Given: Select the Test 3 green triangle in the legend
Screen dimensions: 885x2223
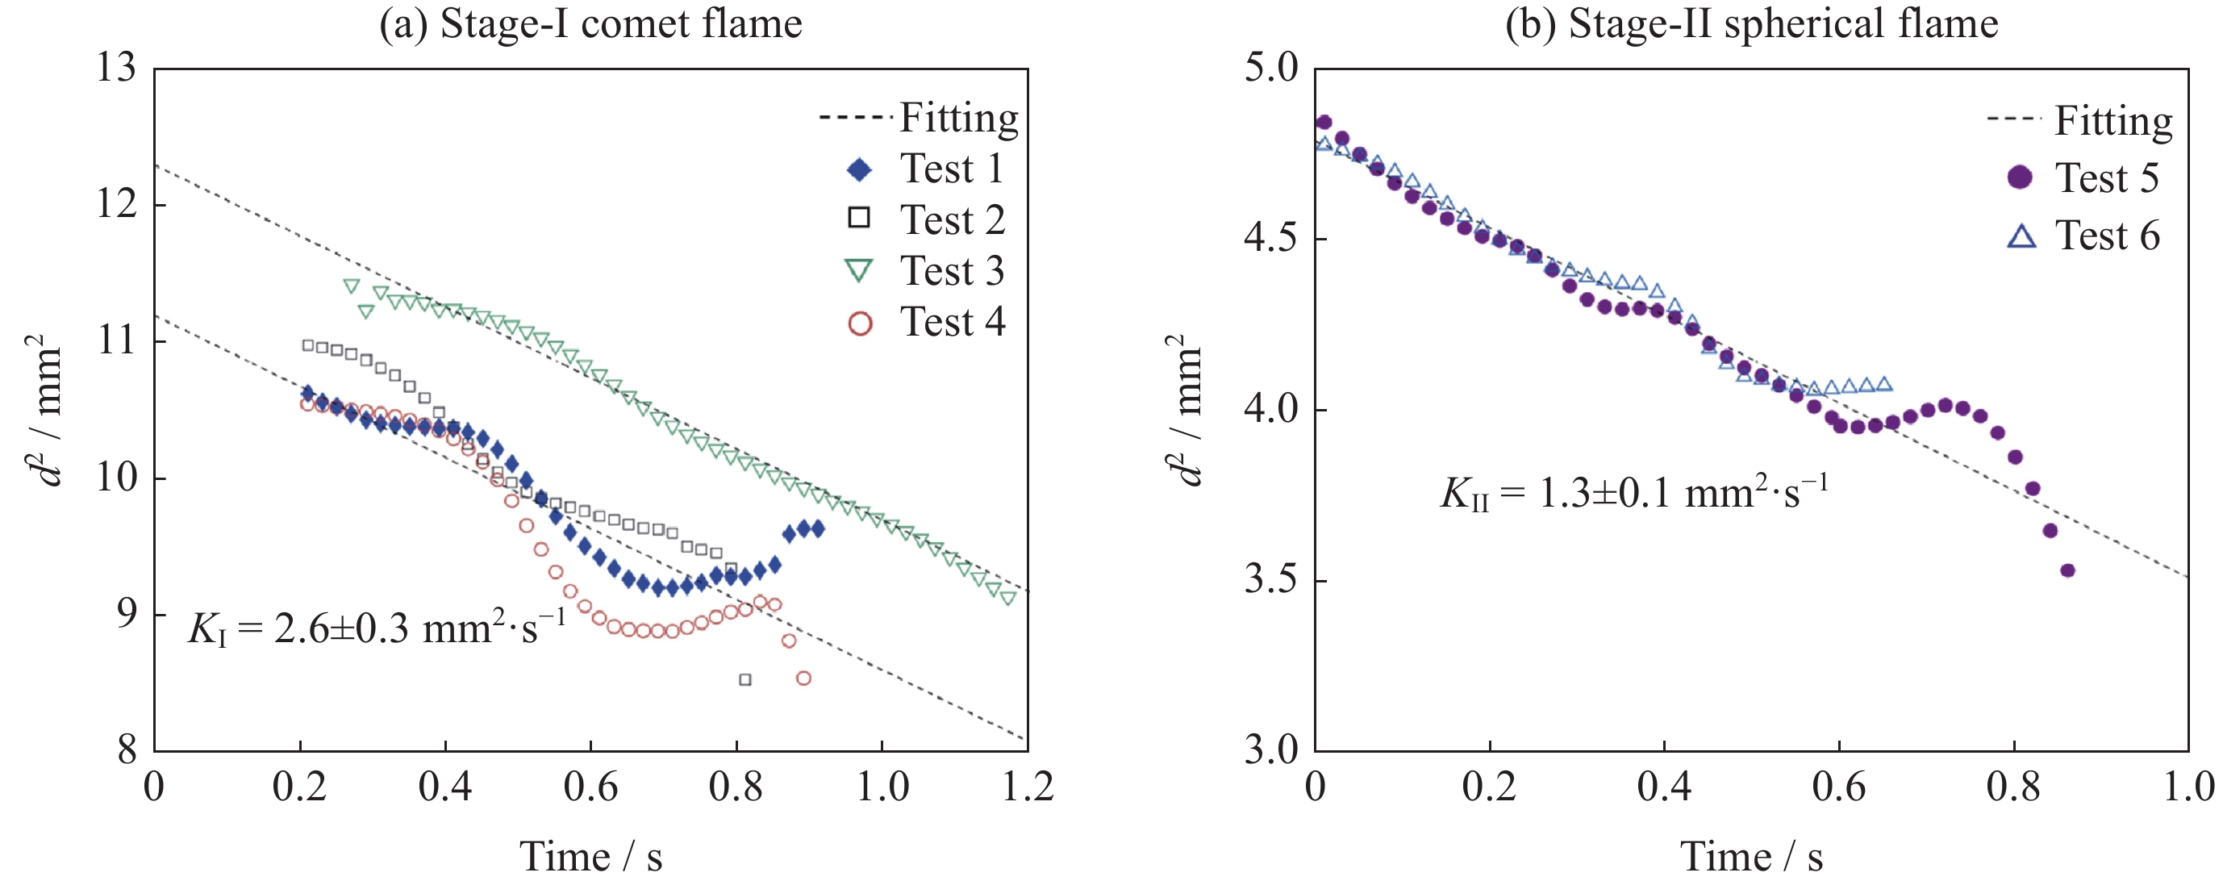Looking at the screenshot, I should [860, 272].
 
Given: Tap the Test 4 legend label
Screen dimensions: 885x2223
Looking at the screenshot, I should [952, 323].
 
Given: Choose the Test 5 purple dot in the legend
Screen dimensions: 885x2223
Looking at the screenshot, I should [2020, 177].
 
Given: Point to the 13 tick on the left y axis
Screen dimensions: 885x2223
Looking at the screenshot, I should [116, 69].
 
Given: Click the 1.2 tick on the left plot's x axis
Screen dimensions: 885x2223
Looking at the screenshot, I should [1027, 787].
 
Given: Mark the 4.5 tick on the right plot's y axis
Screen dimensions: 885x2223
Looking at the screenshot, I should [1271, 238].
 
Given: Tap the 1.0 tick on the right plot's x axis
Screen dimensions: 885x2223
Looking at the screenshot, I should [2188, 787].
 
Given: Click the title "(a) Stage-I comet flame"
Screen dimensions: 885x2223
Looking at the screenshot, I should [590, 23].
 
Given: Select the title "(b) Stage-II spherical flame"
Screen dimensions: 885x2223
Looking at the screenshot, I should [1751, 23].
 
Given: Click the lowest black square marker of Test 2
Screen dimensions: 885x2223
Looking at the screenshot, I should [744, 679].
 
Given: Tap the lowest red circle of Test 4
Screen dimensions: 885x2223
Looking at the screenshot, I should [803, 678].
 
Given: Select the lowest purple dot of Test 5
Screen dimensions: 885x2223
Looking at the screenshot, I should [2067, 570].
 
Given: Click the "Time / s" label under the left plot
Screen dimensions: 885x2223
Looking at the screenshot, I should [590, 857].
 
